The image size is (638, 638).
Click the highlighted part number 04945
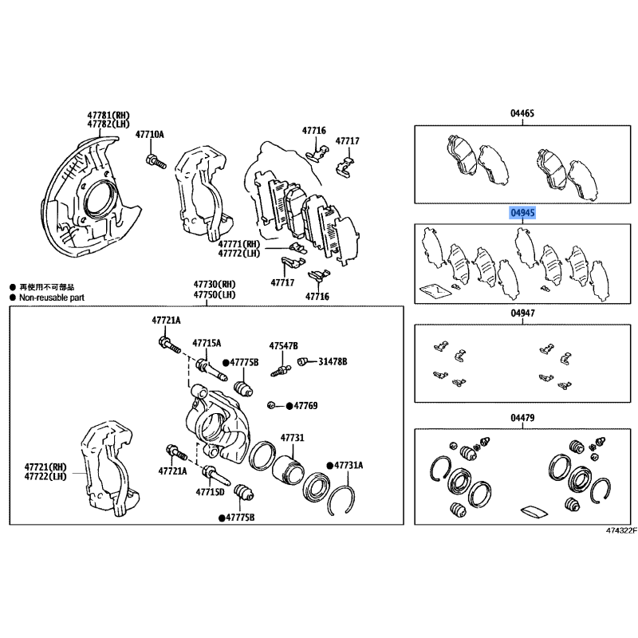click(523, 213)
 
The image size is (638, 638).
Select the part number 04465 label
click(522, 113)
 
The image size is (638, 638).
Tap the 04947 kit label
click(523, 313)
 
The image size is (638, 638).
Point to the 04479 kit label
click(522, 417)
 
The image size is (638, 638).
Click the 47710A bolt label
click(150, 134)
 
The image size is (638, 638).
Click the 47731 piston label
click(292, 438)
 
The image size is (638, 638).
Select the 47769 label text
click(305, 406)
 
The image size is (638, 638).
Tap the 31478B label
click(333, 361)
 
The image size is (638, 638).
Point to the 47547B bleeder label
click(283, 346)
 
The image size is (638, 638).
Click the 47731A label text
click(349, 465)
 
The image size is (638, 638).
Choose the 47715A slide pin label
click(207, 343)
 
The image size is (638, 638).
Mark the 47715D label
click(210, 492)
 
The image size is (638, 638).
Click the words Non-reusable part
click(52, 297)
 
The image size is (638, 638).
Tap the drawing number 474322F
click(621, 530)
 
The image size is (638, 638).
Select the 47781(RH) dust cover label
click(108, 116)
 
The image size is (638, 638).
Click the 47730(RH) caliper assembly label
click(215, 284)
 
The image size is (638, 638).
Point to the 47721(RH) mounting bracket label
click(45, 467)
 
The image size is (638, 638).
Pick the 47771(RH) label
click(238, 244)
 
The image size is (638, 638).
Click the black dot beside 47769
click(289, 406)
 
